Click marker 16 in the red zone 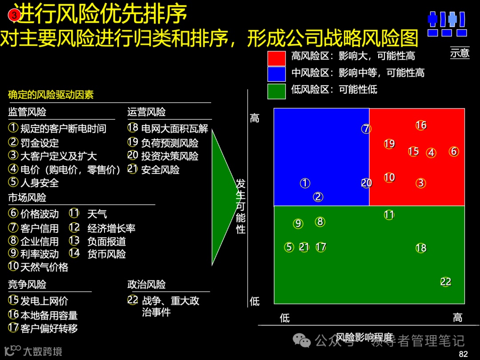[x=421, y=125]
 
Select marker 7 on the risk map [x=366, y=129]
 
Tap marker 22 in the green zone [x=446, y=282]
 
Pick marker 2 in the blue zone [x=318, y=197]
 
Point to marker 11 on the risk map [x=389, y=215]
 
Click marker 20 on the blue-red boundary [x=366, y=183]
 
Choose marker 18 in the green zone [x=421, y=248]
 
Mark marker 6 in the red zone [x=453, y=152]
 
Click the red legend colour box [x=276, y=58]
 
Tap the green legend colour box [x=276, y=91]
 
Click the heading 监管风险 [x=27, y=112]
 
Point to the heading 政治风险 [x=146, y=284]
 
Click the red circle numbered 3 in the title [x=14, y=15]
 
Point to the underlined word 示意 [x=460, y=53]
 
